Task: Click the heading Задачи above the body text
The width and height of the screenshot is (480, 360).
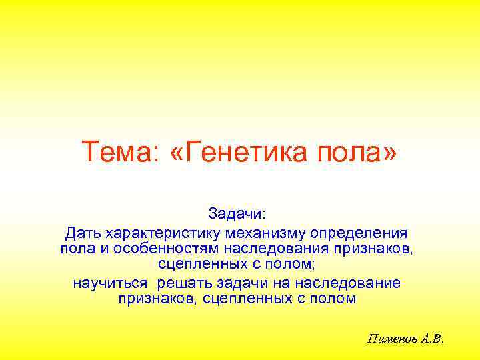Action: point(237,214)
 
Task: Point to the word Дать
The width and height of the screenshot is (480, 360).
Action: point(81,234)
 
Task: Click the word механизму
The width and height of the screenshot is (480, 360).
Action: point(263,234)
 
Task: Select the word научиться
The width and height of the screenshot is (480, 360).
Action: point(110,283)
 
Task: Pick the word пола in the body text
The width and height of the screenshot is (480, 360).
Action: point(75,249)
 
